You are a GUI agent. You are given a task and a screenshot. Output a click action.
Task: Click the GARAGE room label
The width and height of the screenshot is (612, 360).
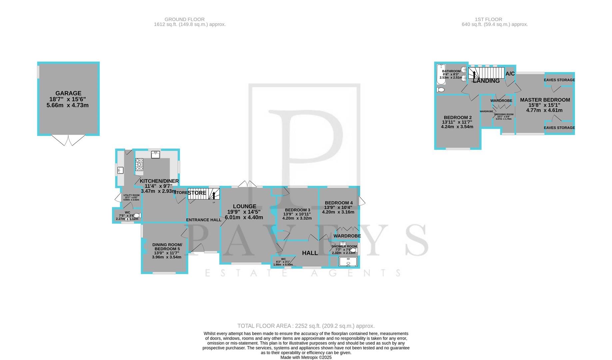click(68, 93)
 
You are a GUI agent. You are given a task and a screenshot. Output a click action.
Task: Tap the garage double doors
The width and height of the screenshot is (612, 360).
click(68, 140)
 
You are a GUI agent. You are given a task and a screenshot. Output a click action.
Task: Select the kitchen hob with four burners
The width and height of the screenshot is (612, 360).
click(139, 164)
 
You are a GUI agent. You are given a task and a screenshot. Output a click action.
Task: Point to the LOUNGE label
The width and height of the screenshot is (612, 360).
click(245, 206)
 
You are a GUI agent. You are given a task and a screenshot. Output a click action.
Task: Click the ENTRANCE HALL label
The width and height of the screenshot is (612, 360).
click(204, 220)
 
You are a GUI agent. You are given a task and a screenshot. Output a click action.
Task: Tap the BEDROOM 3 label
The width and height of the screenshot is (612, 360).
click(297, 210)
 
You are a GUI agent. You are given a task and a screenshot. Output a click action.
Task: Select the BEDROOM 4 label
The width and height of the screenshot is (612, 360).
click(338, 203)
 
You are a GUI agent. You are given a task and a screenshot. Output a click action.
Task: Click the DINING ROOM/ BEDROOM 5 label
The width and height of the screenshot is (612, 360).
click(167, 247)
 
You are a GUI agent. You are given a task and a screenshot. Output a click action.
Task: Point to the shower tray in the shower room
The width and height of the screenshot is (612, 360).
click(348, 262)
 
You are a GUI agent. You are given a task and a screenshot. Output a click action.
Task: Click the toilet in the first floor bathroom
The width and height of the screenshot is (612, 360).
click(440, 90)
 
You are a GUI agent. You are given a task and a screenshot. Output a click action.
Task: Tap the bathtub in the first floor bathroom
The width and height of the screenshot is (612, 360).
click(439, 75)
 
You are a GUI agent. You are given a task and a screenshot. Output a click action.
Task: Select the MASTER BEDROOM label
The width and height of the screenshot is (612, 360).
click(545, 100)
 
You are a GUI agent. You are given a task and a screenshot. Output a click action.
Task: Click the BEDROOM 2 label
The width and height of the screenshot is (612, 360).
click(457, 118)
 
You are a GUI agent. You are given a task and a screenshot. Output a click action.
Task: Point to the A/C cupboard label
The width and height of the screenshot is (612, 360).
click(510, 74)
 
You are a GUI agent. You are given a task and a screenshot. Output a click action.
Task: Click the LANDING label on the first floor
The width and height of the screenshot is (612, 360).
click(486, 81)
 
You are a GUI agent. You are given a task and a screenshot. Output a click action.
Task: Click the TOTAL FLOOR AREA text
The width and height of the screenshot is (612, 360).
click(306, 326)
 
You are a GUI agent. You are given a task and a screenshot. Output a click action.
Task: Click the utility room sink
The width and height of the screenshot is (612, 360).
click(120, 171)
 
